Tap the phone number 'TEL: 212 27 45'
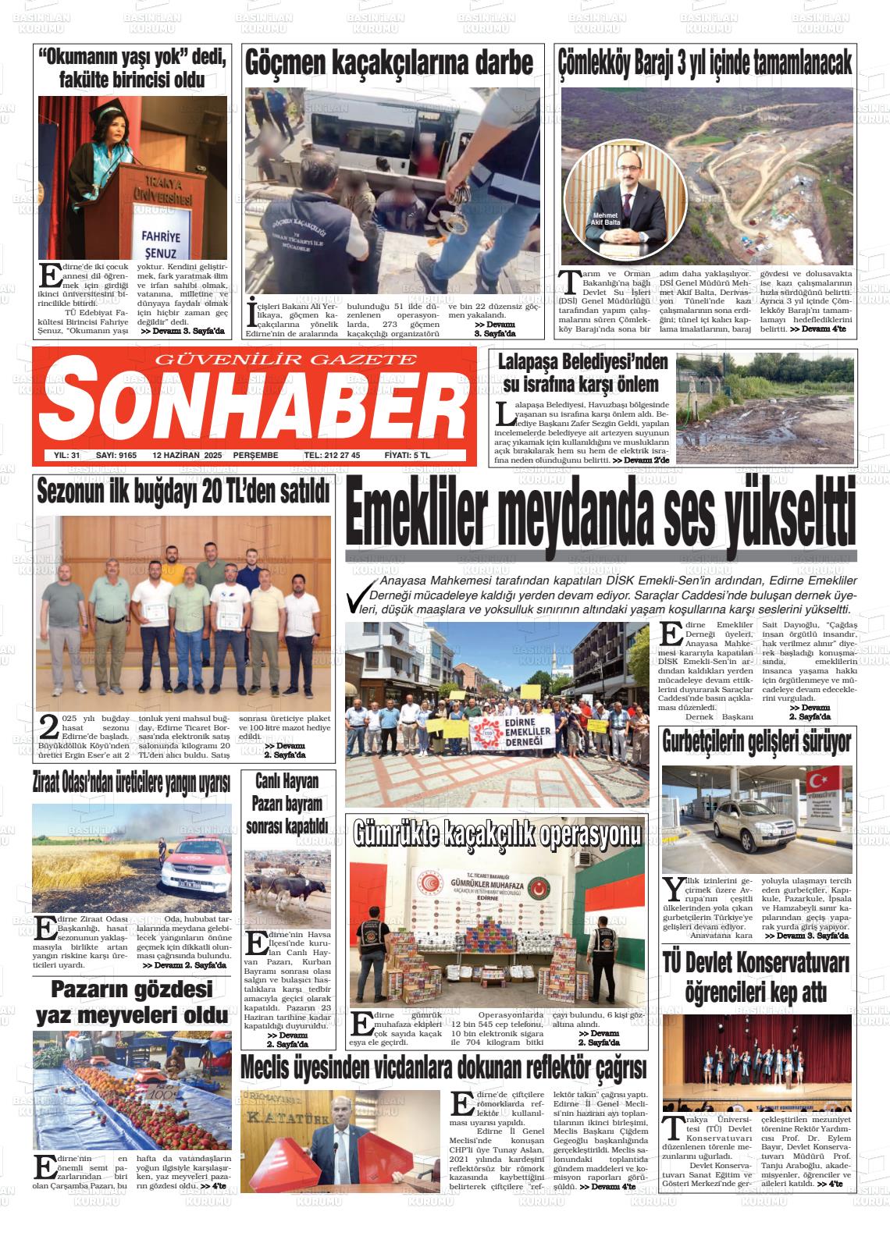[332, 456]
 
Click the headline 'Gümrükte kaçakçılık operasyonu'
[497, 834]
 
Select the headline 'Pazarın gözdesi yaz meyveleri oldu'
[131, 1002]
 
